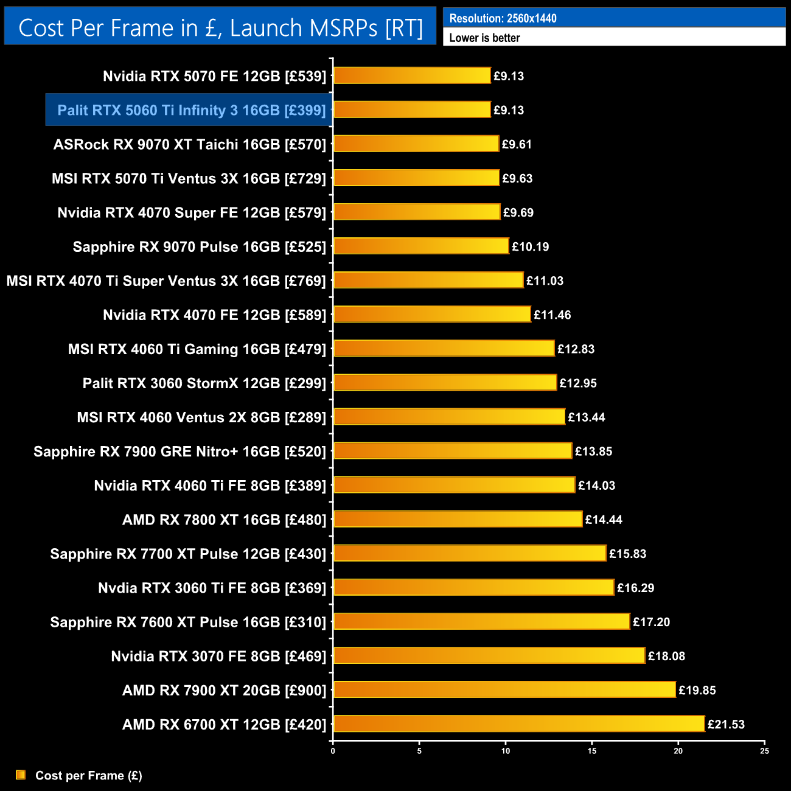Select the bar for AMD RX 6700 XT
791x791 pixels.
click(519, 724)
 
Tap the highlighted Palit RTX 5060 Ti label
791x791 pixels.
click(192, 110)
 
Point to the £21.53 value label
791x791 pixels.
click(726, 724)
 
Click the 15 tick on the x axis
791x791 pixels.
click(592, 751)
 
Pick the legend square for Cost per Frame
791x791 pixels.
click(21, 775)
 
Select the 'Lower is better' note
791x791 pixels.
click(484, 38)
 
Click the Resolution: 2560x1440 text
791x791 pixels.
click(503, 18)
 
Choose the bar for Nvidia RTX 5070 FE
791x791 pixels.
click(412, 75)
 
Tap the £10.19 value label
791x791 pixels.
click(530, 246)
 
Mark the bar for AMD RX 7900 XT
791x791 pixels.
click(504, 689)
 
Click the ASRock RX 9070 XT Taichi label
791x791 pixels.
click(190, 144)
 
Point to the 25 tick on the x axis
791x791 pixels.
click(764, 751)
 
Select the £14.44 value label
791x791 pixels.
click(604, 520)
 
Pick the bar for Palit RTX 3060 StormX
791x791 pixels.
click(445, 383)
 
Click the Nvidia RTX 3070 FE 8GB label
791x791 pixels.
click(218, 656)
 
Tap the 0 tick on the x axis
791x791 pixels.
click(333, 751)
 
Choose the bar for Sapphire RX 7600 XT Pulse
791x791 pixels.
click(481, 621)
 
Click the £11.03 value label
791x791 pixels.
click(545, 281)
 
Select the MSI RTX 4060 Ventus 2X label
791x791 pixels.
click(201, 417)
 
